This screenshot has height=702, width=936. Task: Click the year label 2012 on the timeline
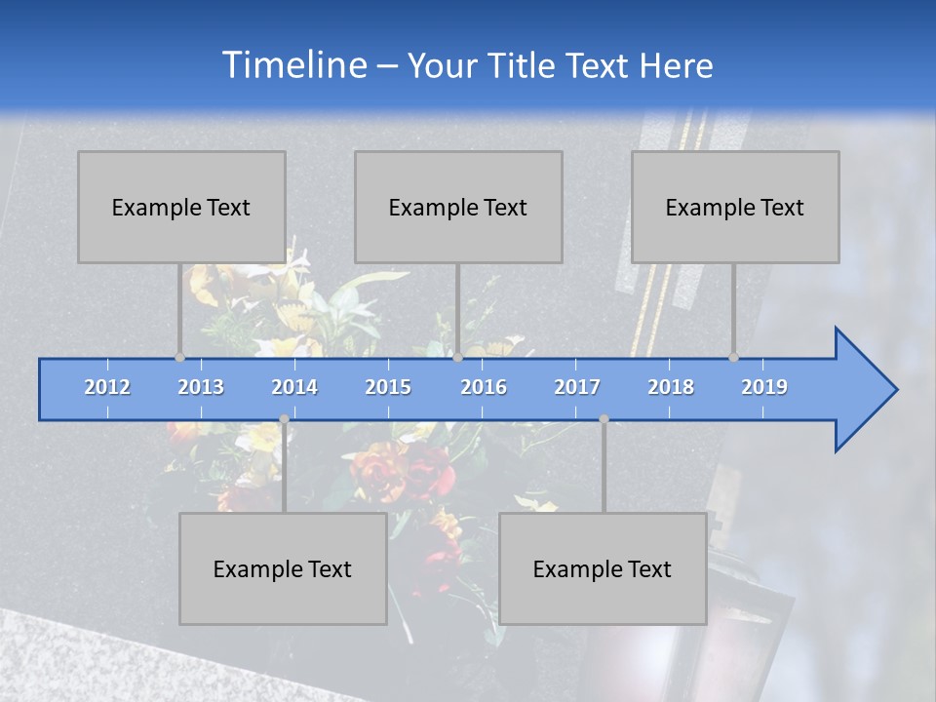tap(107, 387)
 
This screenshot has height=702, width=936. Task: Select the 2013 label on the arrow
tap(201, 387)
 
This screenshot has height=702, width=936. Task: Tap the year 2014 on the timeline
tap(294, 387)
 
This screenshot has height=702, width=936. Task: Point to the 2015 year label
tap(388, 387)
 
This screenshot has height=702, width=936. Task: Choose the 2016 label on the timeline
tap(484, 387)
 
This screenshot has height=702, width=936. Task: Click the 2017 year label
tap(577, 387)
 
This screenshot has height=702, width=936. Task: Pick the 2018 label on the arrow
tap(671, 387)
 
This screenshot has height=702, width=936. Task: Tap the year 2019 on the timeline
tap(764, 387)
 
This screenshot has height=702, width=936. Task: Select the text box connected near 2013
tap(181, 207)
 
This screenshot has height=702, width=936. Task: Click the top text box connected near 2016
tap(458, 207)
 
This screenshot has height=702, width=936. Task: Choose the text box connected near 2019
tap(735, 207)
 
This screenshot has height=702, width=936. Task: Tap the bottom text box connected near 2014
tap(283, 568)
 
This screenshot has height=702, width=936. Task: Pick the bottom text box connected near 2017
tap(603, 568)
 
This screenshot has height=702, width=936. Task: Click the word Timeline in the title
tap(293, 65)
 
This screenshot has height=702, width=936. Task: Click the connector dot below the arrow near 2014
tap(284, 419)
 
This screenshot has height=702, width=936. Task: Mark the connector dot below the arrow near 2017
tap(604, 419)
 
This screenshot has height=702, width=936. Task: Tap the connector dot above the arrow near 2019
tap(734, 357)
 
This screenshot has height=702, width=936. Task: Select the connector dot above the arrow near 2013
tap(179, 357)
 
